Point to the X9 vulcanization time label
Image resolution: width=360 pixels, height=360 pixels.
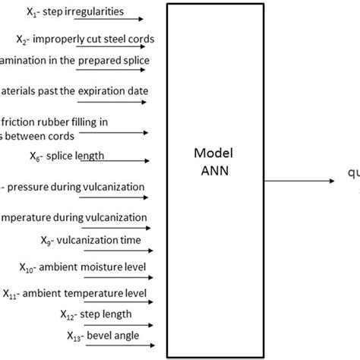click(x=95, y=241)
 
